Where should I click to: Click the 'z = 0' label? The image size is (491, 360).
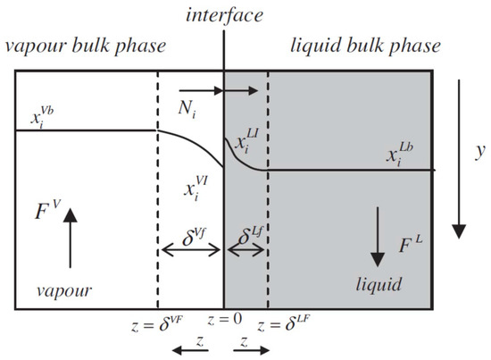click(x=222, y=320)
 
